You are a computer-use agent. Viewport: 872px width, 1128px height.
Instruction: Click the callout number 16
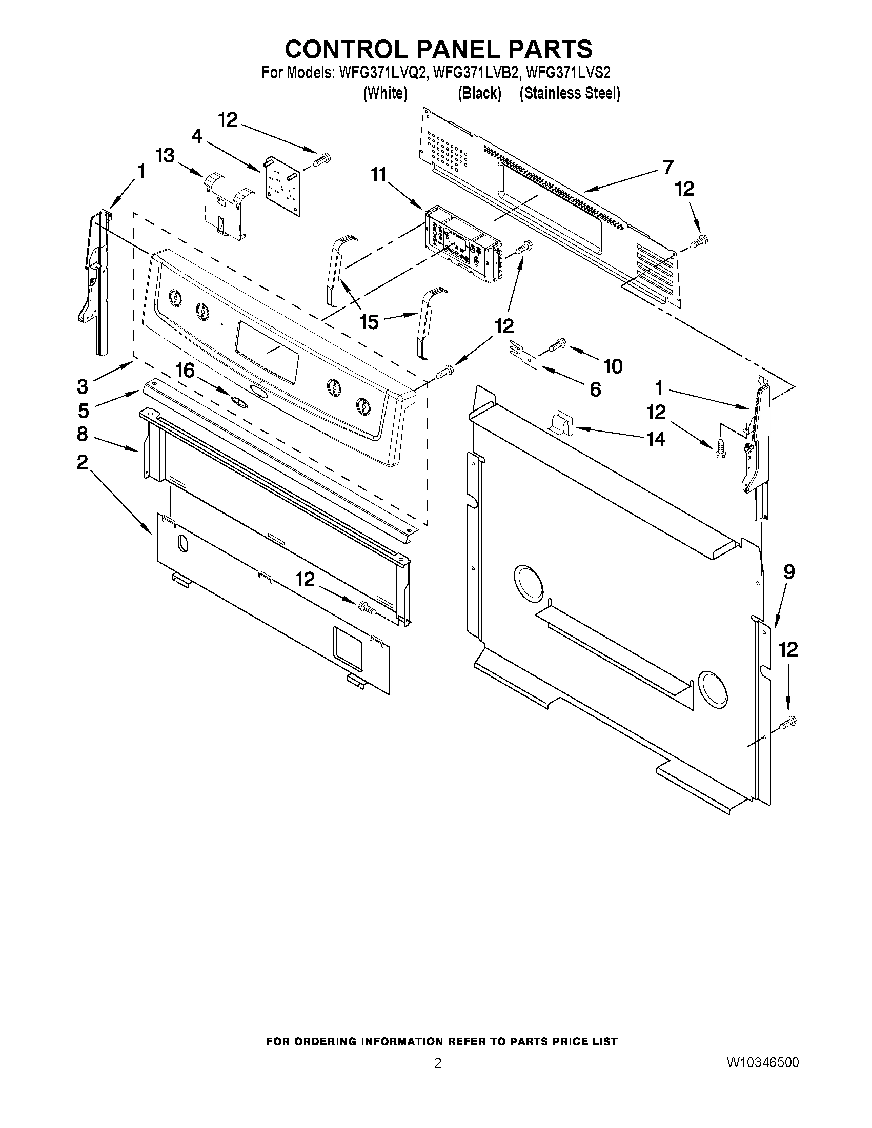point(185,371)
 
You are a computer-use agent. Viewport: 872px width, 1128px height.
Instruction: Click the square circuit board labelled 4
point(282,183)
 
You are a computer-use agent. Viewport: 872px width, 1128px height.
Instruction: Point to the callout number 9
point(789,572)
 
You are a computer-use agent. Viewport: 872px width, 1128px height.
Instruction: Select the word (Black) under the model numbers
point(479,93)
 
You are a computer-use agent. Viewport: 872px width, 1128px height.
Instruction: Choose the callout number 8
point(83,434)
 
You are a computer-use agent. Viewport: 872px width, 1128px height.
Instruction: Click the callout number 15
point(369,322)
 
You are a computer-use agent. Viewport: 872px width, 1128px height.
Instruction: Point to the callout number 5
point(84,411)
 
